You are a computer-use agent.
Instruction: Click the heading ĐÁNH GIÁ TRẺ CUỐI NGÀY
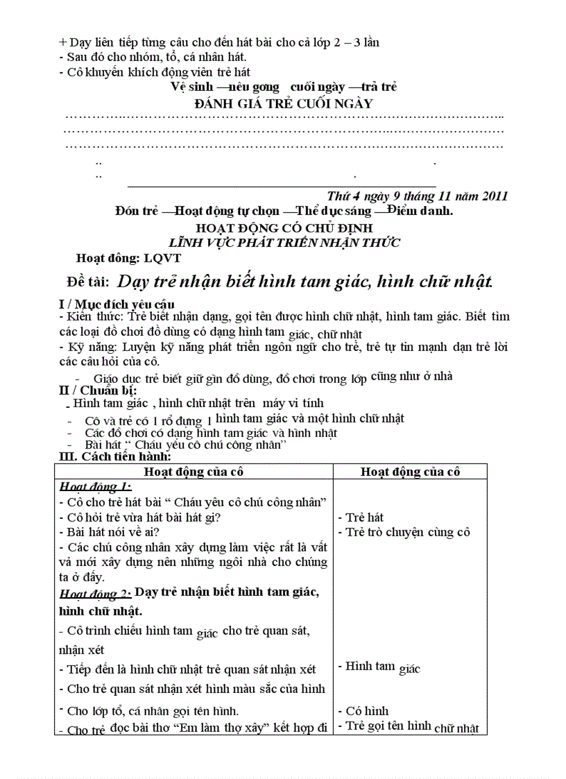point(284,104)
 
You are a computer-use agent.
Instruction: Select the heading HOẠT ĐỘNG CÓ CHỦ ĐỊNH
point(284,228)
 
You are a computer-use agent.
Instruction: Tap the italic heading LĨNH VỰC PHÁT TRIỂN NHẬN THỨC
point(284,242)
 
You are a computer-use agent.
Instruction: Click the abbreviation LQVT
point(162,259)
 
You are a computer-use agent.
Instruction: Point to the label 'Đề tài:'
point(88,282)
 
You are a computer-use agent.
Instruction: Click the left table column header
point(194,472)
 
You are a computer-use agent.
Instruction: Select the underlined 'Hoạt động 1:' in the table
point(95,486)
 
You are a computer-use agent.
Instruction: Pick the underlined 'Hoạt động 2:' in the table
point(95,594)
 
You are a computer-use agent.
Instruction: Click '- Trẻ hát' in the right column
point(361,517)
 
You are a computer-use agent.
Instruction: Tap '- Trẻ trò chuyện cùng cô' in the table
point(404,532)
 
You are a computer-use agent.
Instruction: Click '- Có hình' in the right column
point(363,711)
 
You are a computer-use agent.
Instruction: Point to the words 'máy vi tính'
point(294,403)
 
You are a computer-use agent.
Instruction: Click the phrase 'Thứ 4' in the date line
point(341,195)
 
